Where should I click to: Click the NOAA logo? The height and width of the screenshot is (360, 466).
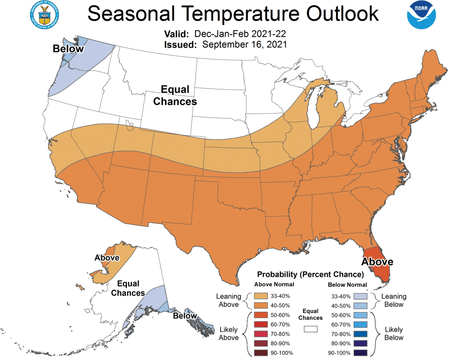tap(421, 15)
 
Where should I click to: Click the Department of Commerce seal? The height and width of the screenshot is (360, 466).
tap(44, 15)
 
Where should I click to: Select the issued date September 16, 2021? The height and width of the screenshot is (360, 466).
tap(244, 44)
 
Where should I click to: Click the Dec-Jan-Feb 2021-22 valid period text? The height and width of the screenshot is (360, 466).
tap(240, 34)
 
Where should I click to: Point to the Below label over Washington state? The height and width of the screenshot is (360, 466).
tap(68, 49)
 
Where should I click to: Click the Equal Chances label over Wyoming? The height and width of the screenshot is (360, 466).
tap(175, 95)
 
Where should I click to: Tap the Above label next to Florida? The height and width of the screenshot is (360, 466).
tap(377, 262)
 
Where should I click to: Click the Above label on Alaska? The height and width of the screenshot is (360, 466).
tap(107, 258)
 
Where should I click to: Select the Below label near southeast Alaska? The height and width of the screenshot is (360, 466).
tap(185, 316)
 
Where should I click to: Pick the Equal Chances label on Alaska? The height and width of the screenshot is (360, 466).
tap(128, 288)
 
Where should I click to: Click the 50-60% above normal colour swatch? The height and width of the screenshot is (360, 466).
tap(261, 315)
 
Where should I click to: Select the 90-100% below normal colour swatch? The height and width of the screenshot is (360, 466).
tap(360, 353)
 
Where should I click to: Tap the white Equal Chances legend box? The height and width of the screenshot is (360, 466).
tap(311, 329)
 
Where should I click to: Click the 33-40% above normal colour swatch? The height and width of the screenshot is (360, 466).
tap(261, 296)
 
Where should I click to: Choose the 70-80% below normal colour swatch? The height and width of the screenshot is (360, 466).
tap(360, 334)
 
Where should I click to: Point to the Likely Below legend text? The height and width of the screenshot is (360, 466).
tap(394, 333)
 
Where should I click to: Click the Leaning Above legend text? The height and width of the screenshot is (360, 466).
tap(229, 300)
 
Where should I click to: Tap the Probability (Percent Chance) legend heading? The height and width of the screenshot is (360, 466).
tap(310, 274)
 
